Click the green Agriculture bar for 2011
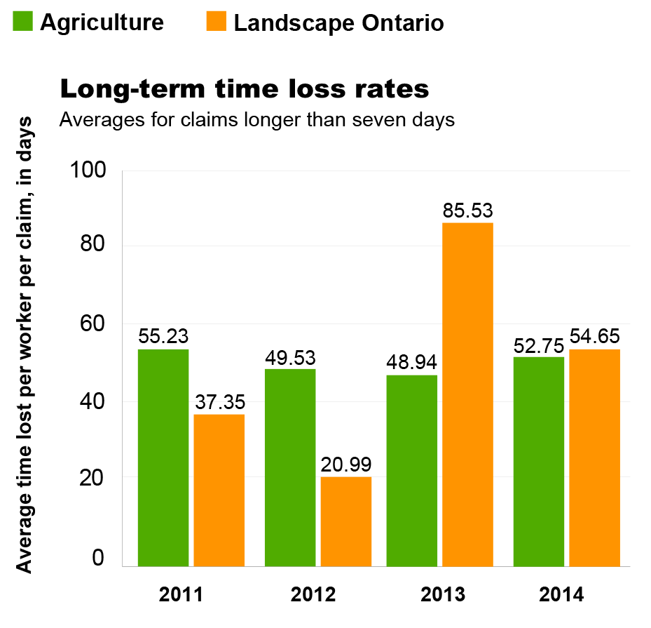163,457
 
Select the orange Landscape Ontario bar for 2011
219,490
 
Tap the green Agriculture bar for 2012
290,467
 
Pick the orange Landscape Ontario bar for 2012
346,521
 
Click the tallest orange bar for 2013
467,394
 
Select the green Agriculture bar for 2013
412,471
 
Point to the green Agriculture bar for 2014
538,461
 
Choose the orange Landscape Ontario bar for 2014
595,457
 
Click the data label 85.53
467,210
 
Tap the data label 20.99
346,464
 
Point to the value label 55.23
163,336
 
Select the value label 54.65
595,336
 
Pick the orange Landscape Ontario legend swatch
217,22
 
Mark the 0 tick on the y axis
97,558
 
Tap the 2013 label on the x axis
443,596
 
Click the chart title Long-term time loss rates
245,90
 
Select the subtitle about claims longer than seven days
257,120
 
